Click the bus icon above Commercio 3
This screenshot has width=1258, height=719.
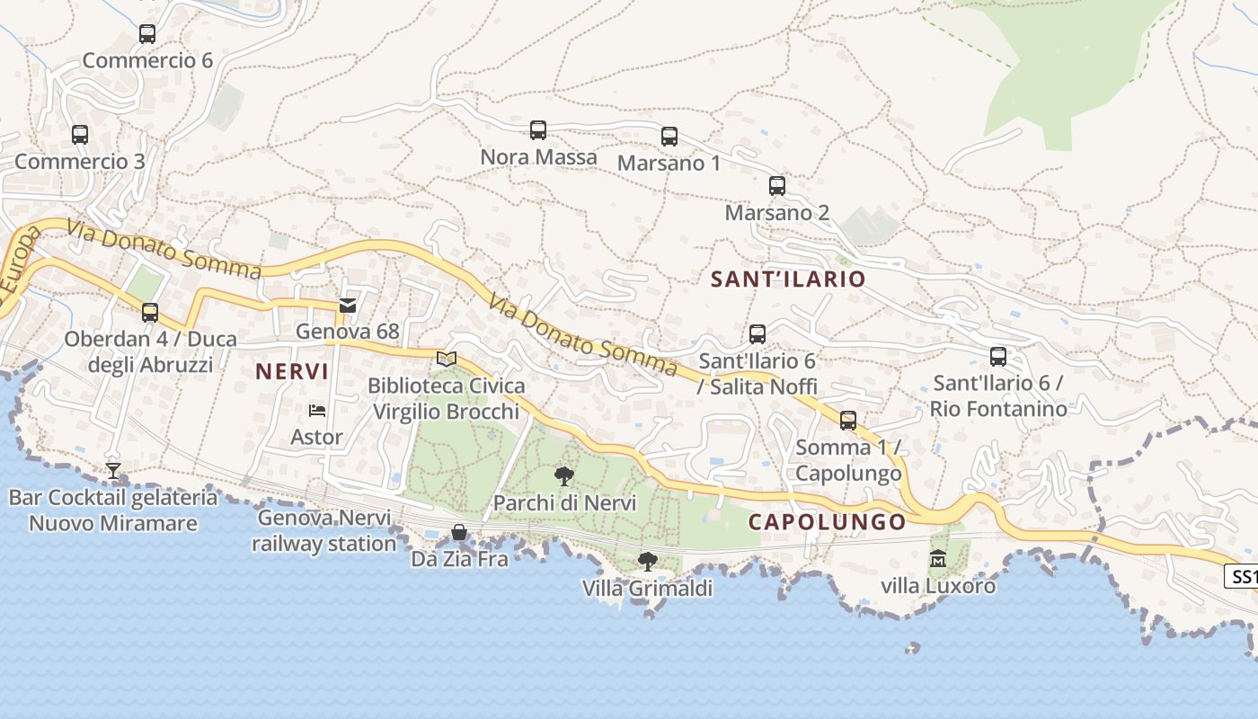pyautogui.click(x=80, y=135)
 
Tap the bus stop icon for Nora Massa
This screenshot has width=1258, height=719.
pyautogui.click(x=538, y=130)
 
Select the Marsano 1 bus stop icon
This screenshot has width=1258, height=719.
pyautogui.click(x=669, y=137)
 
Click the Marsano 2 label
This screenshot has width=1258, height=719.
pyautogui.click(x=777, y=213)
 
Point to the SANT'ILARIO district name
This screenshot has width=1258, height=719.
pyautogui.click(x=788, y=280)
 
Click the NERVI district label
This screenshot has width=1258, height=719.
pyautogui.click(x=292, y=371)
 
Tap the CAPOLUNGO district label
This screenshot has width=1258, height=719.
pyautogui.click(x=828, y=522)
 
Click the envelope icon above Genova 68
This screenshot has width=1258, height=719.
pyautogui.click(x=348, y=306)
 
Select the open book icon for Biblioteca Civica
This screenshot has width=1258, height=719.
pyautogui.click(x=447, y=359)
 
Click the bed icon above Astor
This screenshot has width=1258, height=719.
pyautogui.click(x=317, y=411)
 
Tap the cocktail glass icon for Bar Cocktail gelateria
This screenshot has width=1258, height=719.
pyautogui.click(x=113, y=470)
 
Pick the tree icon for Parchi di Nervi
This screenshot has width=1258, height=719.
pyautogui.click(x=564, y=476)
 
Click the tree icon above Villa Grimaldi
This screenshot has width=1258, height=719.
pyautogui.click(x=647, y=562)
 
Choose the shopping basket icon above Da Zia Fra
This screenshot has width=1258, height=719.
pyautogui.click(x=459, y=532)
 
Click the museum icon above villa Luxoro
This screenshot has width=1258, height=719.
pyautogui.click(x=938, y=559)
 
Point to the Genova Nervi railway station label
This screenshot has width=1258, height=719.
pyautogui.click(x=324, y=530)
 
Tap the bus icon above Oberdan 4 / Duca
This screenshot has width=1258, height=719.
pyautogui.click(x=150, y=313)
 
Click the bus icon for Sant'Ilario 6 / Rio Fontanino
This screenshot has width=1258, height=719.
pyautogui.click(x=998, y=357)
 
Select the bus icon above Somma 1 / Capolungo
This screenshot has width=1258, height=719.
pyautogui.click(x=848, y=420)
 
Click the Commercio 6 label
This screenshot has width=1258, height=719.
pyautogui.click(x=147, y=60)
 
